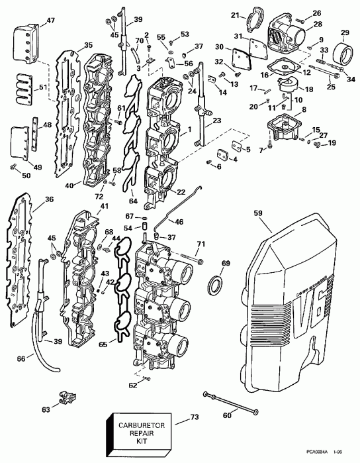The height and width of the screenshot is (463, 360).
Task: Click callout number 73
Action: click(194, 417)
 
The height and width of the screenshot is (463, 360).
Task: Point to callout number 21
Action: click(234, 14)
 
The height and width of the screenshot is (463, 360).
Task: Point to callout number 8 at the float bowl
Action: click(304, 109)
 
